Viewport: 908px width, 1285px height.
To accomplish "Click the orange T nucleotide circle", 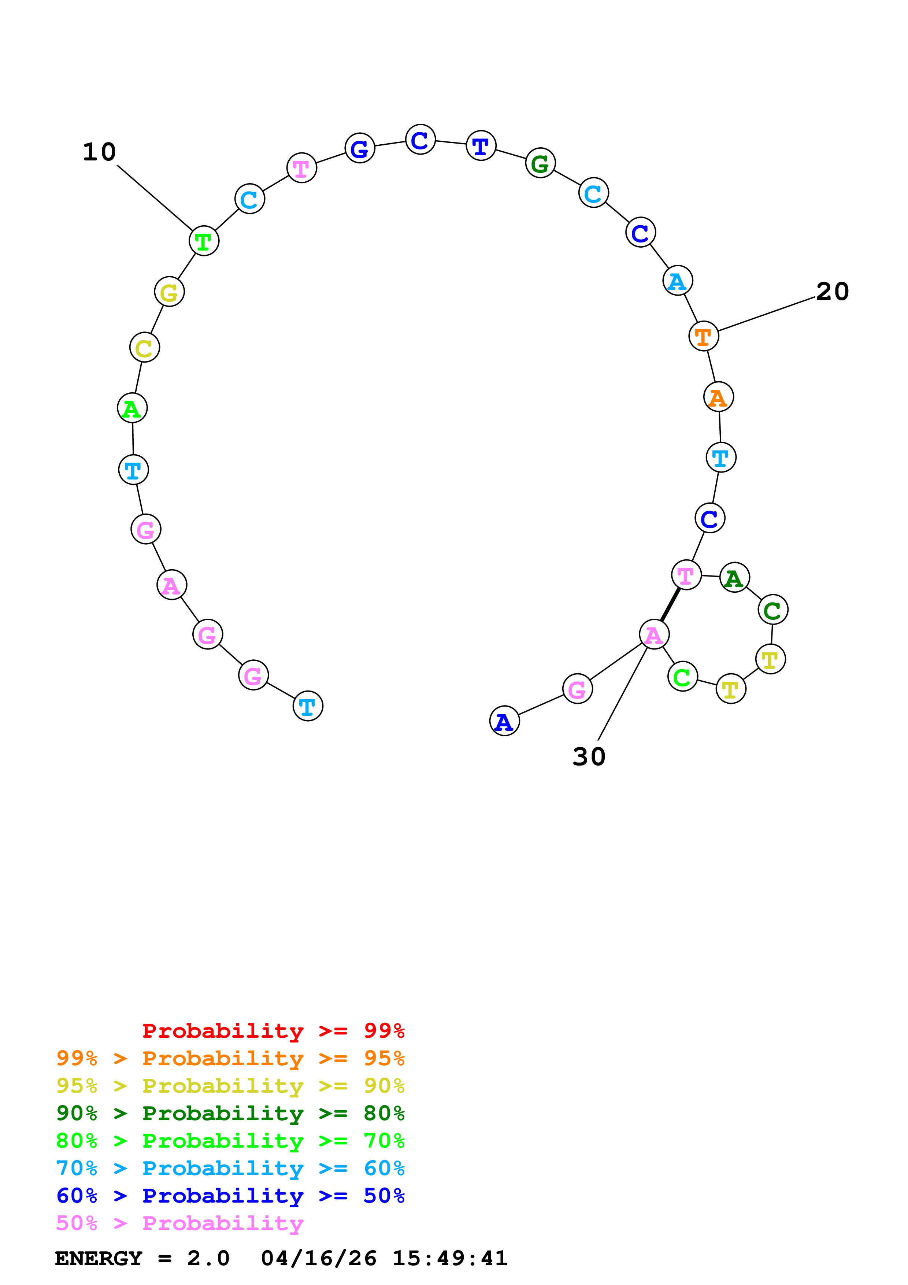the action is [703, 336].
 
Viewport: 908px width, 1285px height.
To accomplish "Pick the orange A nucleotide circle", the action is [718, 397].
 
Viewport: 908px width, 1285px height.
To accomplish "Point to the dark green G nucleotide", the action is [540, 163].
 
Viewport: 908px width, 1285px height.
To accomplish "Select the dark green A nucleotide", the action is [734, 578].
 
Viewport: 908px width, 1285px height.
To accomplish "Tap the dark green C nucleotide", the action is [772, 610].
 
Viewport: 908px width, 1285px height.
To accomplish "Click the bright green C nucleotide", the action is [682, 677].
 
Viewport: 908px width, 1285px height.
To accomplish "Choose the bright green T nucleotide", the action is [204, 241].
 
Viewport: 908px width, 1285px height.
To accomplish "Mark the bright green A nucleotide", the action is [132, 408].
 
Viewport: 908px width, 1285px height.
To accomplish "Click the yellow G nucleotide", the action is [169, 292].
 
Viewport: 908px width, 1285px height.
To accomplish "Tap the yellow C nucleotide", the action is [144, 348].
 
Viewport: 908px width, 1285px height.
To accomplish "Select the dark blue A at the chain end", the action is [504, 721].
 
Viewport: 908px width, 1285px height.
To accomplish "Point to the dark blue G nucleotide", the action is [359, 148].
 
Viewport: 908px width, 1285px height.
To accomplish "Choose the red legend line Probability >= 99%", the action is [273, 1030].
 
